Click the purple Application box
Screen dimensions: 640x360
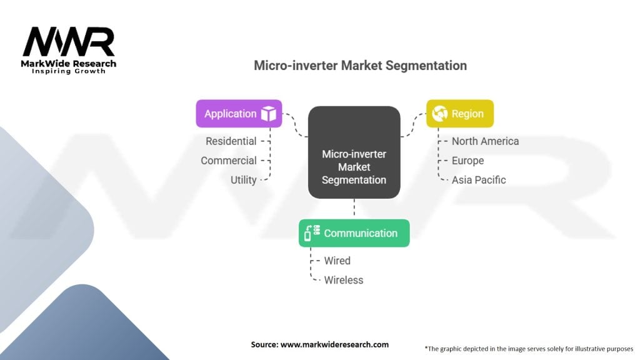coord(239,114)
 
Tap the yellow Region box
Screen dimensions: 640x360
coord(460,114)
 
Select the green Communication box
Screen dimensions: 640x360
coord(354,233)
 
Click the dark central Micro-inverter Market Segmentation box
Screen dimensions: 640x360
coord(354,152)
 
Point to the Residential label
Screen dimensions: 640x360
coord(231,141)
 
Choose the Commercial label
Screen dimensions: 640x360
coord(229,161)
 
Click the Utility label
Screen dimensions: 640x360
coord(243,180)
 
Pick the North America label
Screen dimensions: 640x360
coord(485,141)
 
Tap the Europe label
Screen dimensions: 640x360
coord(467,161)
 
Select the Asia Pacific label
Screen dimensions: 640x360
coord(479,180)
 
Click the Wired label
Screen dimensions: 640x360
coord(337,261)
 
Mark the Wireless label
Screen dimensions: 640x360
coord(344,280)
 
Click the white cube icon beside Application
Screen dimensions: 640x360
coord(269,114)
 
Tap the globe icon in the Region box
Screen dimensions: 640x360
coord(440,114)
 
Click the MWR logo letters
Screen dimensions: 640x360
coord(69,42)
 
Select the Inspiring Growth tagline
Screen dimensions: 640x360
coord(69,71)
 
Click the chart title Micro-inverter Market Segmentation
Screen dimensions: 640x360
coord(361,65)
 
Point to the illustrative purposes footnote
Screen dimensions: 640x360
coord(529,349)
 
